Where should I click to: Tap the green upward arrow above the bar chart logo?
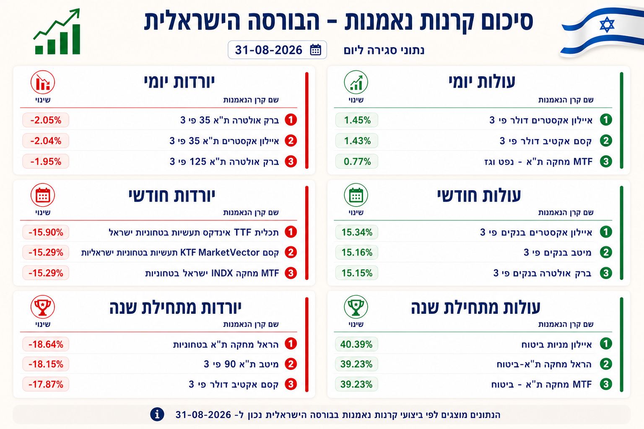[x=57, y=23]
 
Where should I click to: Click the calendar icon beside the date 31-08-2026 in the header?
[x=315, y=50]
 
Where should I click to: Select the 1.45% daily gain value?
[x=357, y=120]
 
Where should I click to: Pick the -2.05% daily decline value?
[x=46, y=120]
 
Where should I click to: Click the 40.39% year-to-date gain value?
[x=356, y=344]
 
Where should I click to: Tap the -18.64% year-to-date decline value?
[x=46, y=344]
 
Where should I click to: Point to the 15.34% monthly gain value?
[x=357, y=232]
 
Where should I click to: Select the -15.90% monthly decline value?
[x=46, y=232]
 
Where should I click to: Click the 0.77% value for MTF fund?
[x=357, y=161]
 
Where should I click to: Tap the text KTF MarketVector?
[x=220, y=252]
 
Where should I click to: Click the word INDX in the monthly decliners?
[x=222, y=273]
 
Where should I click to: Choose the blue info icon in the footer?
[x=157, y=414]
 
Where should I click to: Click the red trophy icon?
[x=43, y=307]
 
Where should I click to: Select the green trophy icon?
[x=356, y=307]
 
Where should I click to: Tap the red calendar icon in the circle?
[x=43, y=195]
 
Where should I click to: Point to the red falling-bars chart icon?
[x=43, y=83]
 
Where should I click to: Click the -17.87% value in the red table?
[x=46, y=384]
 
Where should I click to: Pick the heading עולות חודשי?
[x=479, y=196]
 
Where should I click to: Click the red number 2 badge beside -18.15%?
[x=291, y=364]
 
